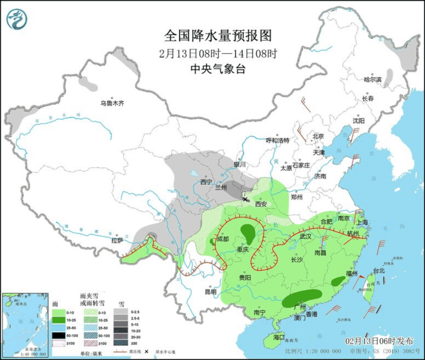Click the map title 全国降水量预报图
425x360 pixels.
(x=218, y=36)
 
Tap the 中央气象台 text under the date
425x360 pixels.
(x=218, y=69)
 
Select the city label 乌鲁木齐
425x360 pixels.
(x=112, y=103)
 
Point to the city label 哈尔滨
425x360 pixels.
(x=373, y=79)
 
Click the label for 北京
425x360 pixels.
(x=318, y=136)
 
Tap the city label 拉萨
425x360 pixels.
(x=117, y=240)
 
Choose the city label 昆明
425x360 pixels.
(x=210, y=292)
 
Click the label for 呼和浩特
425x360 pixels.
(x=277, y=140)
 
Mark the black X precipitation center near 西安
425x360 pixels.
(x=245, y=199)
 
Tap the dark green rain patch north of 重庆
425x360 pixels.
(x=248, y=233)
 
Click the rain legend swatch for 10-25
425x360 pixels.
(x=58, y=319)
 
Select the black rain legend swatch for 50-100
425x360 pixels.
(x=58, y=335)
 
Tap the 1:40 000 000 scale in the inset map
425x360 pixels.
(x=25, y=354)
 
